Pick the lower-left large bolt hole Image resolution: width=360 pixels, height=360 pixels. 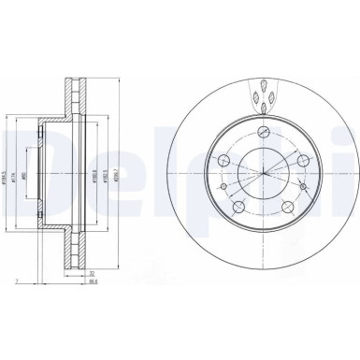click(x=239, y=209)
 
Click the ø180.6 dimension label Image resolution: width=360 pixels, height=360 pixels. click(x=94, y=173)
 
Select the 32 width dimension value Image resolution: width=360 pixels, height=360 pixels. click(x=90, y=273)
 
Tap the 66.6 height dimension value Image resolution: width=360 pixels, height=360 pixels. click(x=90, y=281)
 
